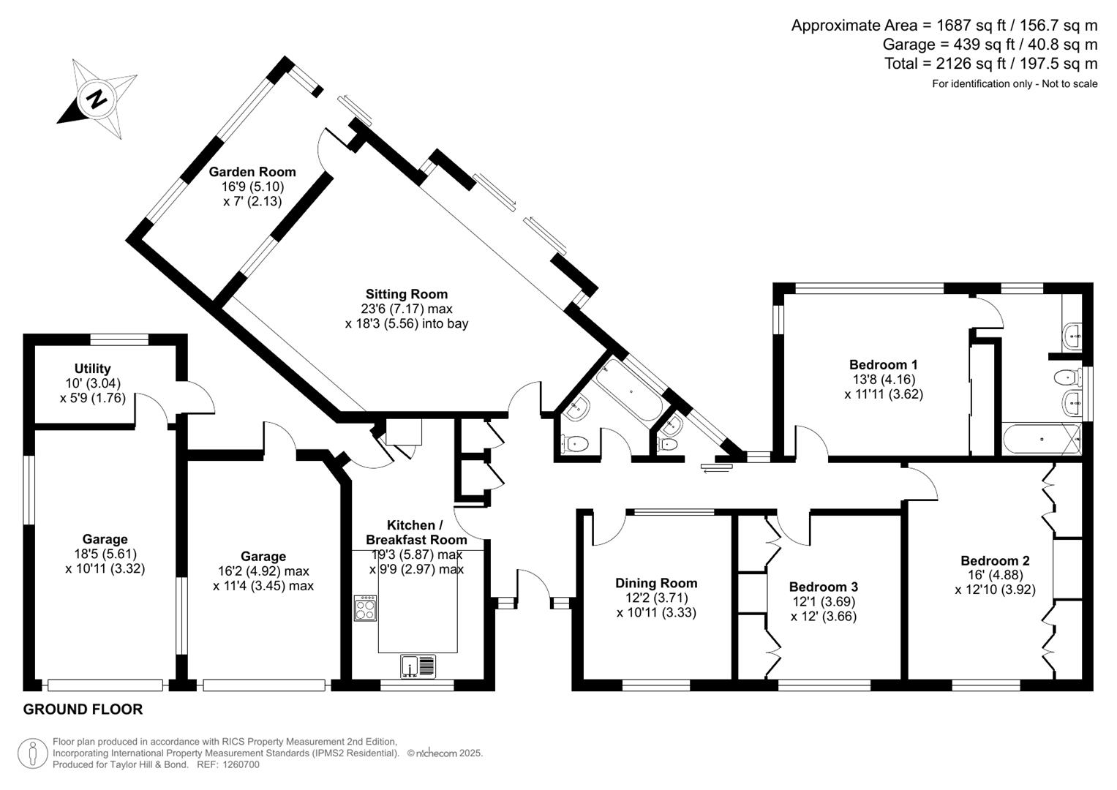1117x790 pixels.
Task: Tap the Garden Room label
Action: point(252,172)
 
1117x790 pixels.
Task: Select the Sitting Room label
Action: point(407,294)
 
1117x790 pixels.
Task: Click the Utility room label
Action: point(92,369)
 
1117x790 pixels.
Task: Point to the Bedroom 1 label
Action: point(883,364)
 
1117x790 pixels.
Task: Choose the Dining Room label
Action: point(655,583)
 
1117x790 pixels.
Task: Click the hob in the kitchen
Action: point(366,608)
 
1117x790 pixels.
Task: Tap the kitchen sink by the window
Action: point(418,666)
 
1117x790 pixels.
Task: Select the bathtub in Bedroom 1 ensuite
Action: point(1040,440)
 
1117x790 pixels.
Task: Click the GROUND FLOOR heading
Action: point(83,709)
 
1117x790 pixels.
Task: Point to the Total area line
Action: point(990,64)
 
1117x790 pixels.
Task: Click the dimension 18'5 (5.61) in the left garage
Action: point(105,554)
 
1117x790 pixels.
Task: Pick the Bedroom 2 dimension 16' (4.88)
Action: point(995,575)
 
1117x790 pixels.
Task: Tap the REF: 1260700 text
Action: point(228,765)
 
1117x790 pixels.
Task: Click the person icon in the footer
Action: point(32,753)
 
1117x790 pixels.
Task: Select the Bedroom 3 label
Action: point(823,587)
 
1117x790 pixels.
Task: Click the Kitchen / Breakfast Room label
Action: point(415,533)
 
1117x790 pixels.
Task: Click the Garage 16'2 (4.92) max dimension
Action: point(263,571)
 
